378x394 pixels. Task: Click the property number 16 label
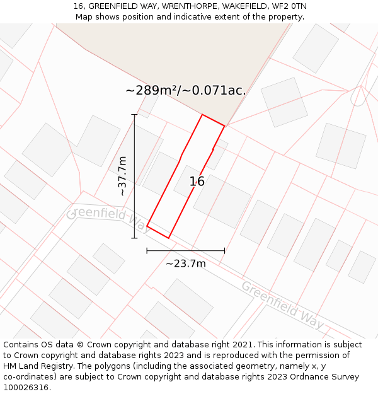pos(197,182)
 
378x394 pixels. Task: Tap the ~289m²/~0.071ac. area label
pos(185,90)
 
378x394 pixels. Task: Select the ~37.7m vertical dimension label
pos(122,176)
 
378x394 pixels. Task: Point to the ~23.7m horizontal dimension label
pos(185,264)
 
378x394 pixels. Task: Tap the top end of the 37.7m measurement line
pos(134,115)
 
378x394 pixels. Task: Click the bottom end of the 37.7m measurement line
pos(134,238)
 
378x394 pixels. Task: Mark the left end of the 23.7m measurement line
pos(147,250)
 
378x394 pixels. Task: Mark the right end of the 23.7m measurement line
pos(224,250)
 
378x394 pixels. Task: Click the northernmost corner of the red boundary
pos(202,115)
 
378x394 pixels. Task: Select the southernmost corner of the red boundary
pos(169,238)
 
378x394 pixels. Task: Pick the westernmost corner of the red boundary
pos(147,226)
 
